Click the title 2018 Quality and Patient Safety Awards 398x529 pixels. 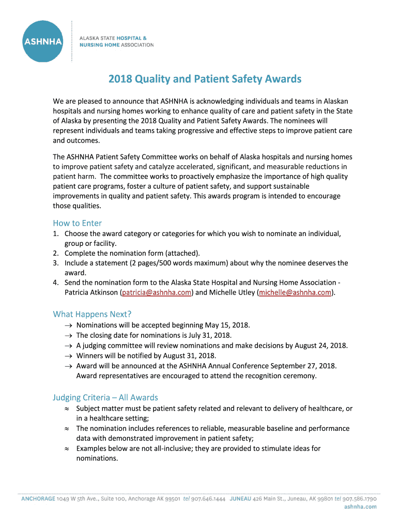click(x=205, y=79)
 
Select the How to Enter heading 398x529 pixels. click(x=77, y=223)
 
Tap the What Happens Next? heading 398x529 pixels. click(x=92, y=314)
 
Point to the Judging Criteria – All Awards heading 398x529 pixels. click(x=105, y=397)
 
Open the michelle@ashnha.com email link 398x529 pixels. click(x=295, y=292)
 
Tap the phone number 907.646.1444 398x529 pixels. click(x=208, y=499)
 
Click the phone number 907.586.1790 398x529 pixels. click(x=360, y=499)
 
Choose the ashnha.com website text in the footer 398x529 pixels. click(x=360, y=507)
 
